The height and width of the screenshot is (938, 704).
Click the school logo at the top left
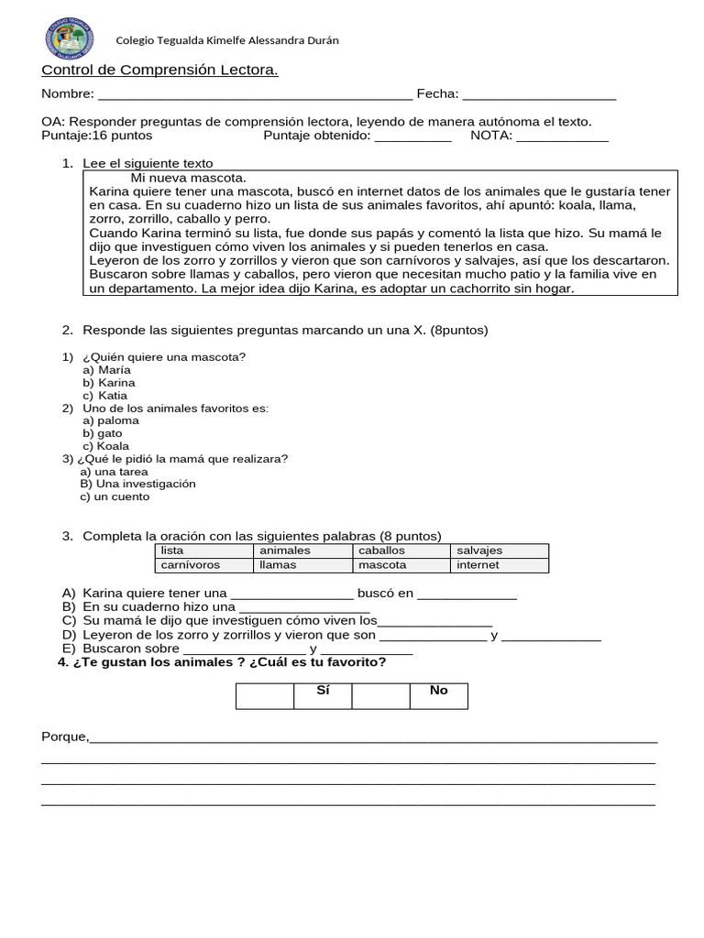(x=68, y=40)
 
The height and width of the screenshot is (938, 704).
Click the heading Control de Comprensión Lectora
(x=159, y=71)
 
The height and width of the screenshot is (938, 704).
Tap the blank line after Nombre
(x=255, y=94)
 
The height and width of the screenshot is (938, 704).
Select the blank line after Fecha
(x=539, y=94)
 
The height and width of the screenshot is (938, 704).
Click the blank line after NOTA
(x=562, y=136)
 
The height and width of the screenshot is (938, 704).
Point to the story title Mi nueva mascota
(x=188, y=177)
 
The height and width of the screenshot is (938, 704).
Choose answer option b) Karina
(x=109, y=382)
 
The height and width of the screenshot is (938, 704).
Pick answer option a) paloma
(x=111, y=420)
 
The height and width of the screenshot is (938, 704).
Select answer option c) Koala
(x=106, y=446)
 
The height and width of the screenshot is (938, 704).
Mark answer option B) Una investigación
(x=137, y=484)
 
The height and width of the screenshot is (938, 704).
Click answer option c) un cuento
(x=115, y=496)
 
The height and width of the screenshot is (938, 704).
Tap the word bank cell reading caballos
(x=401, y=551)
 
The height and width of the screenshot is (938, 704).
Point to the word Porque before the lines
(x=64, y=736)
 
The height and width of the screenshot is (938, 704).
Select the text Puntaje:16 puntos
(x=96, y=136)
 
